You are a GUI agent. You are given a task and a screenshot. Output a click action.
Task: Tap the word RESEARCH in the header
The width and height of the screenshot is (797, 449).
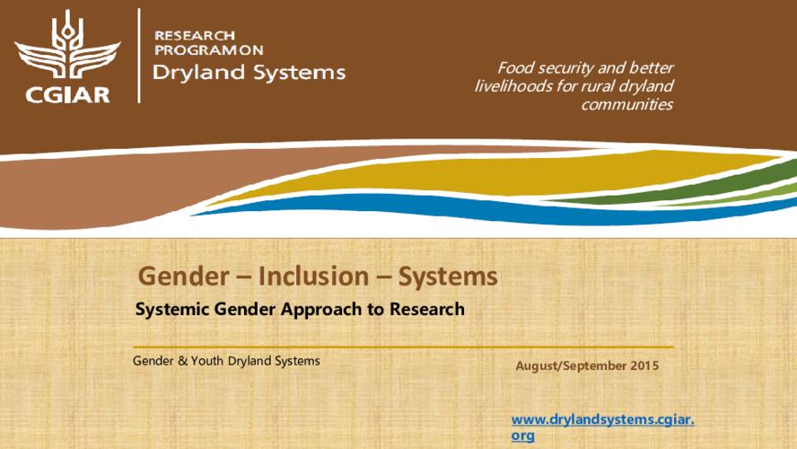(195, 35)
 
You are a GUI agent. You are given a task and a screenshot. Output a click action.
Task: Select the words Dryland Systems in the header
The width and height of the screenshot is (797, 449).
(249, 73)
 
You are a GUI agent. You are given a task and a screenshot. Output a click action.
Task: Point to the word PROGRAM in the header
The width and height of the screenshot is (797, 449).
(188, 50)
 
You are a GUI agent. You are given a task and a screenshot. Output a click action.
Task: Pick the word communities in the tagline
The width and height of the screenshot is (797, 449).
(626, 104)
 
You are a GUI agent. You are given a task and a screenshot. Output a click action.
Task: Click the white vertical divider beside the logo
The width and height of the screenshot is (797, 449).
(139, 56)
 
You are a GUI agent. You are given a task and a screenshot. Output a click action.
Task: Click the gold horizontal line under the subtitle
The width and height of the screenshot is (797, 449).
(403, 347)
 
